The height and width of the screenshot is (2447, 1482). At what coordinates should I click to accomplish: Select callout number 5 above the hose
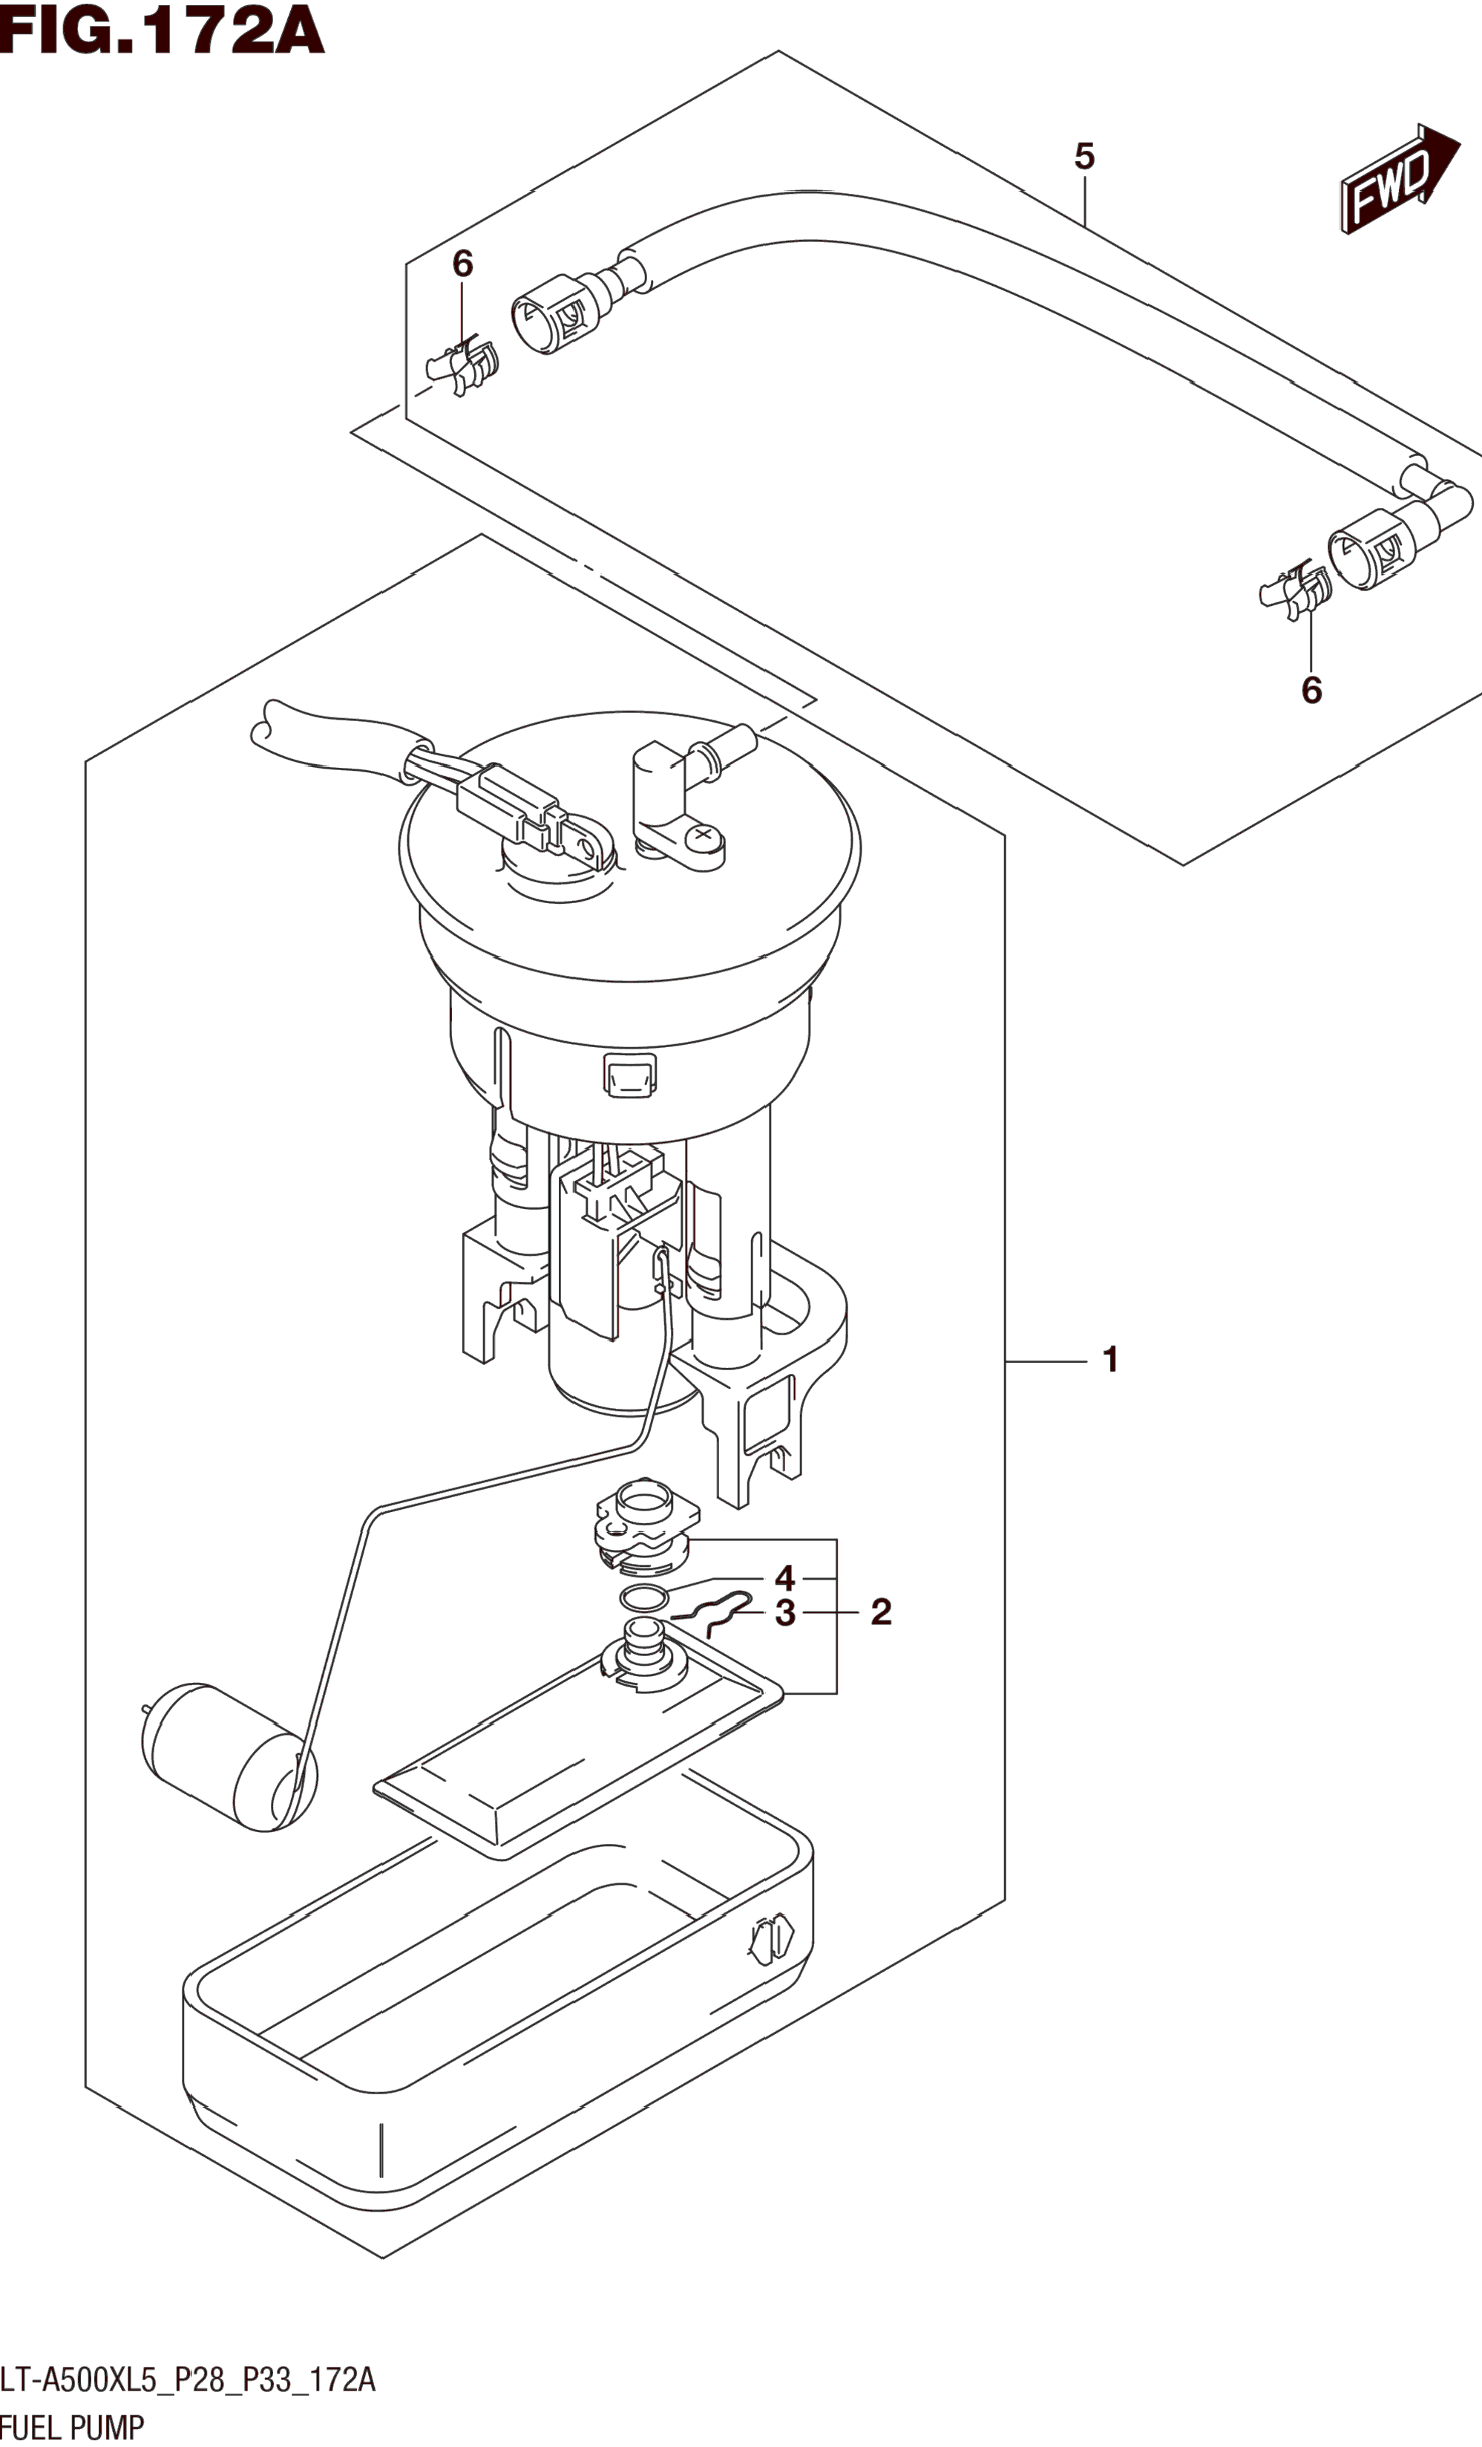[1084, 156]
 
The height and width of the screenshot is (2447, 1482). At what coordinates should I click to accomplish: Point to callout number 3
[785, 1613]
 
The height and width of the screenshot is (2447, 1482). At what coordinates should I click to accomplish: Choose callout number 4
[785, 1578]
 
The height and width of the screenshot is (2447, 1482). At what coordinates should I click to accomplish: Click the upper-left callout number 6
[462, 263]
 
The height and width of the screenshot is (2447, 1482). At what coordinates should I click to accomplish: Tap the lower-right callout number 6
[1311, 690]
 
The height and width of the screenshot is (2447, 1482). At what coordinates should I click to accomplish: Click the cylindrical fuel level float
[229, 1757]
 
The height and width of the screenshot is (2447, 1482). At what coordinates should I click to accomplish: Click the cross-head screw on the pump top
[704, 835]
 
